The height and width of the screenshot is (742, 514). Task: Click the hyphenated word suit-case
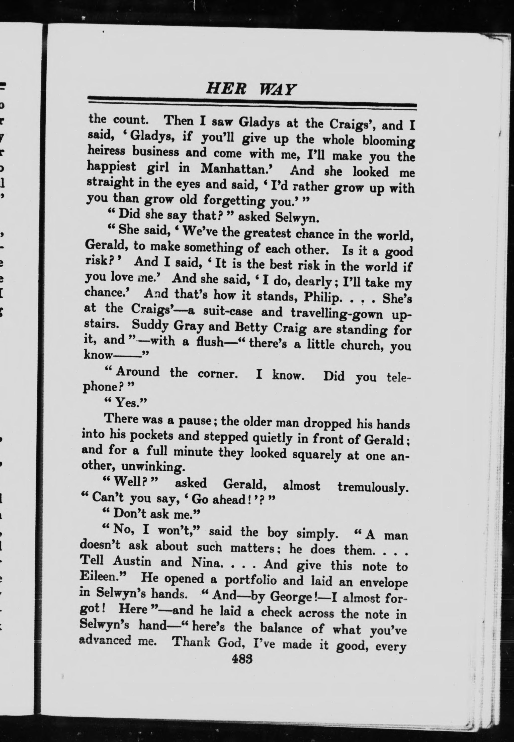pos(228,311)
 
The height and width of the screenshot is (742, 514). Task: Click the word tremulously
pos(373,487)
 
